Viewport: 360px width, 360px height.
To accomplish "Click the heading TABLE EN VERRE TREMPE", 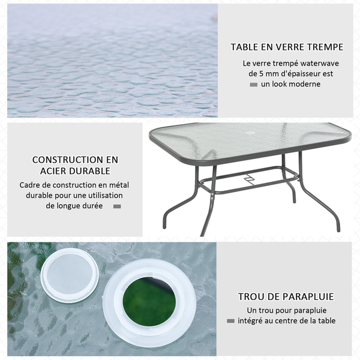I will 287,47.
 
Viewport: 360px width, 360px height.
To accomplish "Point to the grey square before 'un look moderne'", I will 253,85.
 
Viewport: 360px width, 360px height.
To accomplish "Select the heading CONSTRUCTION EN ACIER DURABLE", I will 75,165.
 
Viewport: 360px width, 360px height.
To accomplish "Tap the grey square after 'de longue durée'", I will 117,206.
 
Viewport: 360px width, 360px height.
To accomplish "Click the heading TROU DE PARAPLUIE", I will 286,296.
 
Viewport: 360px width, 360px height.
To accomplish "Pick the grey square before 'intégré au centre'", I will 231,321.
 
